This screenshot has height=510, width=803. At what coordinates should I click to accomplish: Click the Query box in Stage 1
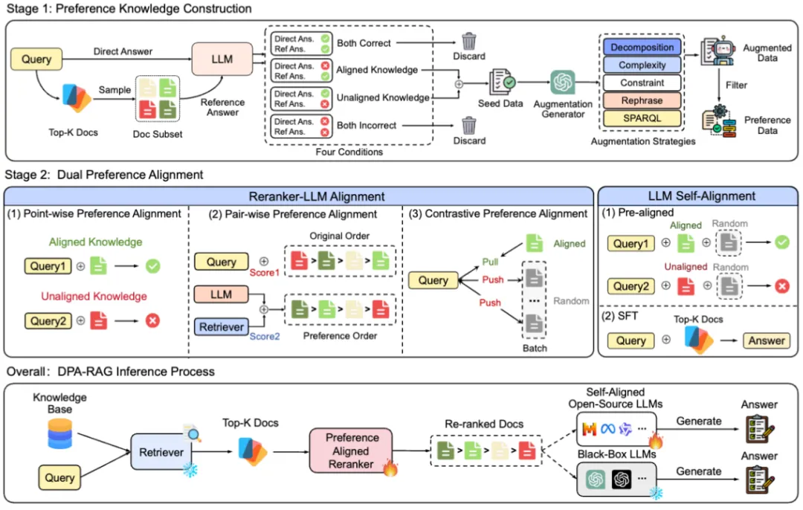36,59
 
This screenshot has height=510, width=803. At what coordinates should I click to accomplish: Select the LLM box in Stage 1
222,59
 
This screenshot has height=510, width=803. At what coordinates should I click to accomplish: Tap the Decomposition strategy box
642,47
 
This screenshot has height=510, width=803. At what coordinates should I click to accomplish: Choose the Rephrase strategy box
642,100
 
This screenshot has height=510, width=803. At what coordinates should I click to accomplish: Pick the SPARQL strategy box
642,118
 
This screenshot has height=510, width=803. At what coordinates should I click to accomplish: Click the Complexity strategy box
642,65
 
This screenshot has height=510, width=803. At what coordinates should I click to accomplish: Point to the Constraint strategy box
642,83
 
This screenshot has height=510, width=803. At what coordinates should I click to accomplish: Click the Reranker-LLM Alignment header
297,196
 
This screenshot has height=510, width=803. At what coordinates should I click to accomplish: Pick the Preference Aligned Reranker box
351,451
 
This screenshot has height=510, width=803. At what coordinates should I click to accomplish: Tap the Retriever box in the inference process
162,451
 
